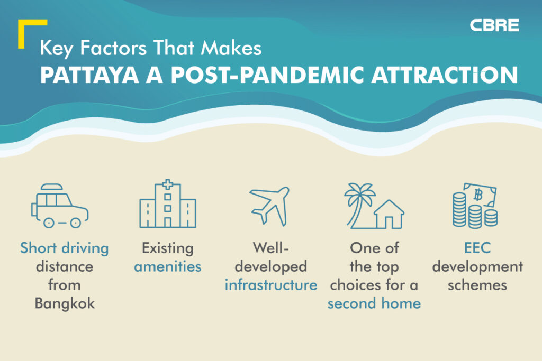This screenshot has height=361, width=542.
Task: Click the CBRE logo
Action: tap(494, 25)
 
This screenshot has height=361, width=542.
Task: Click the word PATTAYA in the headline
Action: tap(89, 75)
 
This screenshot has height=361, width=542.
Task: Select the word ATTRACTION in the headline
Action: tap(445, 75)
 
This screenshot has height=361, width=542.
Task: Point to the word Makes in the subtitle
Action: tap(231, 48)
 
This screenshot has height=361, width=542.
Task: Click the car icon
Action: tap(60, 206)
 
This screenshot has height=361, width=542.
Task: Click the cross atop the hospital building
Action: tap(168, 184)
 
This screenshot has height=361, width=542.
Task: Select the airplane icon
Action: tap(269, 206)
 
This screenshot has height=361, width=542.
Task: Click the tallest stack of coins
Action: tap(459, 210)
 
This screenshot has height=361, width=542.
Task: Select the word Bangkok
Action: tap(65, 303)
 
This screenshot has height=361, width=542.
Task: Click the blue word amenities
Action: tap(168, 266)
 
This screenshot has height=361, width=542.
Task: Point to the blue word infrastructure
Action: tap(271, 285)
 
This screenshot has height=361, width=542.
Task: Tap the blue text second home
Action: tap(374, 303)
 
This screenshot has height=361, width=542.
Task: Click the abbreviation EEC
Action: tap(477, 248)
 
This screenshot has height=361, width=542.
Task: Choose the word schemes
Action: tap(477, 285)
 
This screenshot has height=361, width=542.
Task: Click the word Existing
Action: tap(168, 248)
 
